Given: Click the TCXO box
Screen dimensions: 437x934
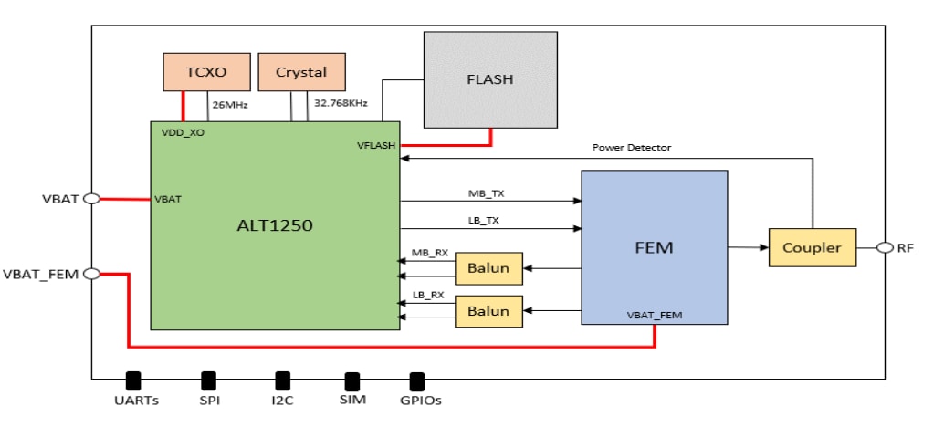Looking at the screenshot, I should [x=206, y=72].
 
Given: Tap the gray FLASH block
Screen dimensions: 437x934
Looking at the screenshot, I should [x=490, y=79].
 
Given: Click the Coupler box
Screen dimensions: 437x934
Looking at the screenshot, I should [x=813, y=247].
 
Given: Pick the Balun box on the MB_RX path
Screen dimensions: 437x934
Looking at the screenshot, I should [x=488, y=268].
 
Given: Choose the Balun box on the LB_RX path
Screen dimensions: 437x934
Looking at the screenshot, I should [x=488, y=311].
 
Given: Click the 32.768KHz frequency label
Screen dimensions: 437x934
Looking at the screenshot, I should [x=341, y=104].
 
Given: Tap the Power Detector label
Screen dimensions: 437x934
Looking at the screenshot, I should [x=631, y=147].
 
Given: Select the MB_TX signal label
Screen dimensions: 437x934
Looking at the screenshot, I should [x=486, y=192].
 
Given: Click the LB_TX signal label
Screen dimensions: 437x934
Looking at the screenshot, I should [x=484, y=220].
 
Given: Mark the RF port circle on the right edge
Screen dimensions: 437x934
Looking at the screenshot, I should [x=884, y=247].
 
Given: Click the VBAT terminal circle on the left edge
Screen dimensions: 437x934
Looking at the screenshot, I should [x=91, y=198].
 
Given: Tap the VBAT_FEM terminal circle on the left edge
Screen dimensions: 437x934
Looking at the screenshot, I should [x=91, y=273].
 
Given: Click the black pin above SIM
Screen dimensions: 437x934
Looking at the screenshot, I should [x=352, y=380].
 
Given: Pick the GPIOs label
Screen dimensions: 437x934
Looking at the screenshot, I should [x=420, y=401].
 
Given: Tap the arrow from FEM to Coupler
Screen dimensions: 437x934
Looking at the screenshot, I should [x=749, y=247].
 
